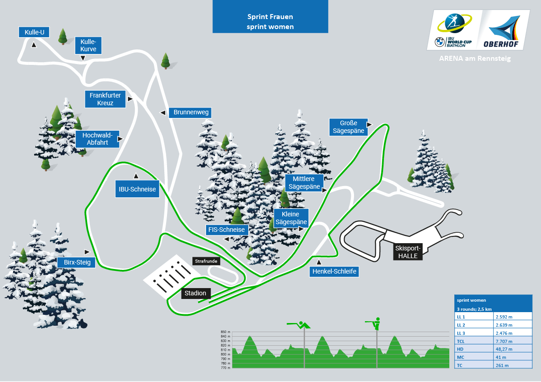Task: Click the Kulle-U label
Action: (x=34, y=32)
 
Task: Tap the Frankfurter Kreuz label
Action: (x=105, y=99)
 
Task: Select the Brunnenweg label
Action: (x=190, y=113)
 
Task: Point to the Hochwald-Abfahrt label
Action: (x=97, y=139)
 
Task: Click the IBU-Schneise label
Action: (x=137, y=189)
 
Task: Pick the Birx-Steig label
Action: (x=77, y=262)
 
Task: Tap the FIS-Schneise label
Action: (x=226, y=230)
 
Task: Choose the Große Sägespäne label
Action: (x=349, y=127)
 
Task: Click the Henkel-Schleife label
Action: (x=334, y=271)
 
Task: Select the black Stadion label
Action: (x=196, y=293)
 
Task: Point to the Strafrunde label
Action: (x=206, y=261)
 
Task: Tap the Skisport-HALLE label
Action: (x=408, y=252)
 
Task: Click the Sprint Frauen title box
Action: (x=270, y=16)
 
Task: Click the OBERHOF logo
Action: (x=503, y=31)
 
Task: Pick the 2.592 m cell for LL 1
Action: (x=513, y=317)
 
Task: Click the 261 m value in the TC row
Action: (x=513, y=365)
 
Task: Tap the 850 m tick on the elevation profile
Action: (x=225, y=332)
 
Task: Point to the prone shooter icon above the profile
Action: (x=299, y=325)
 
